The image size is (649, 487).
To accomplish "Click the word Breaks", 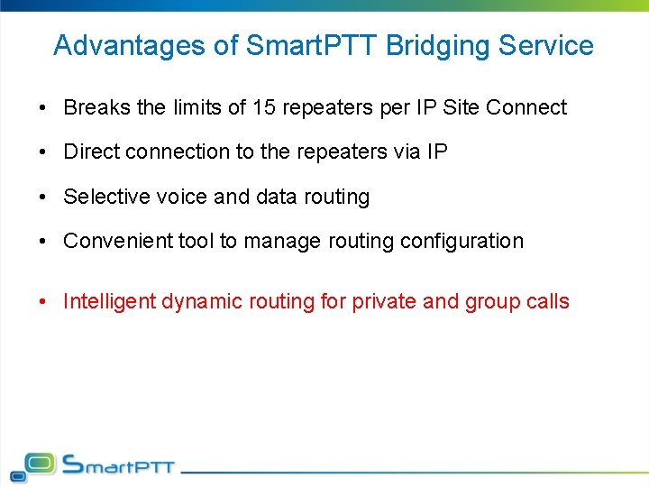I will tap(96, 107).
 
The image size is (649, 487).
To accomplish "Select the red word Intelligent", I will tap(109, 301).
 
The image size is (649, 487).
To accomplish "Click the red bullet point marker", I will tap(43, 302).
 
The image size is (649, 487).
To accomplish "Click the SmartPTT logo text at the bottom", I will tap(118, 466).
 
